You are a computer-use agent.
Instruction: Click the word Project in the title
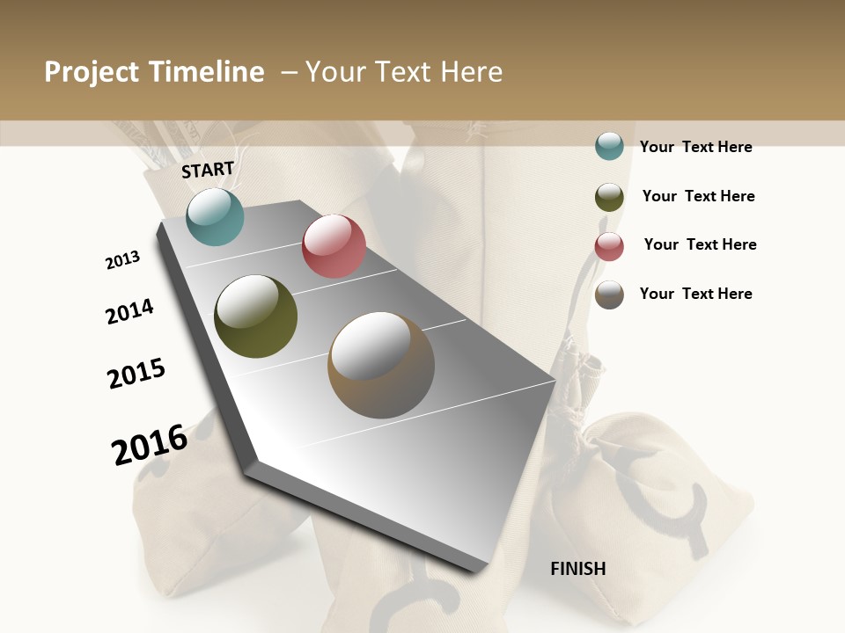(92, 72)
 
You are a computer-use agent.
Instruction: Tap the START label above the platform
(208, 170)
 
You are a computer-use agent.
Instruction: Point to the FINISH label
(578, 569)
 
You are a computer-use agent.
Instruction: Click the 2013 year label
(122, 260)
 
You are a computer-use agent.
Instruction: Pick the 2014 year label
(129, 311)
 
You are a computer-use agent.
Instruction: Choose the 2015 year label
(136, 374)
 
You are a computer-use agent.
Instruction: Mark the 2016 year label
(150, 444)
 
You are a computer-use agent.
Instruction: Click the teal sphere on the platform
(215, 216)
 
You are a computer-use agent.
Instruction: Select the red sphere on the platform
(334, 246)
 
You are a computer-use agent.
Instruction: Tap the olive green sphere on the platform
(255, 316)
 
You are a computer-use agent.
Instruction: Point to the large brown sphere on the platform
(381, 365)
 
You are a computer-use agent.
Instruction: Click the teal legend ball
(609, 147)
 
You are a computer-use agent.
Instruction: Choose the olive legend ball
(609, 197)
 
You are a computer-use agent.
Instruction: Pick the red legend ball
(609, 246)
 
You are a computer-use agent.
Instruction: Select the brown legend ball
(609, 295)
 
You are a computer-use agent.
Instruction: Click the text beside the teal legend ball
(695, 147)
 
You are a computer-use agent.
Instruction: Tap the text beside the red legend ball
(700, 244)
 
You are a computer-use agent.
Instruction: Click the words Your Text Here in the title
(404, 72)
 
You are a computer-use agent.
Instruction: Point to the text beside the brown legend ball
(695, 294)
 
